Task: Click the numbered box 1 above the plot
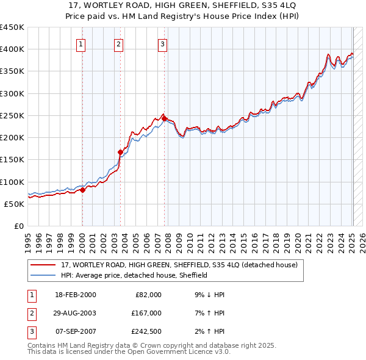pyautogui.click(x=81, y=43)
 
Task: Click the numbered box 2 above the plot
pyautogui.click(x=118, y=43)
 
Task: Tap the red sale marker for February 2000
pyautogui.click(x=83, y=190)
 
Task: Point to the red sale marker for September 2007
pyautogui.click(x=165, y=118)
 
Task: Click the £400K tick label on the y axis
pyautogui.click(x=12, y=49)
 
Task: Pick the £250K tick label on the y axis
pyautogui.click(x=12, y=115)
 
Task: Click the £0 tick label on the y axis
pyautogui.click(x=18, y=226)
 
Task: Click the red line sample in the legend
pyautogui.click(x=43, y=265)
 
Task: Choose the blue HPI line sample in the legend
pyautogui.click(x=43, y=275)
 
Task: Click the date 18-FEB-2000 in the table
pyautogui.click(x=75, y=295)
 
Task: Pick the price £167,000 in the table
pyautogui.click(x=146, y=313)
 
